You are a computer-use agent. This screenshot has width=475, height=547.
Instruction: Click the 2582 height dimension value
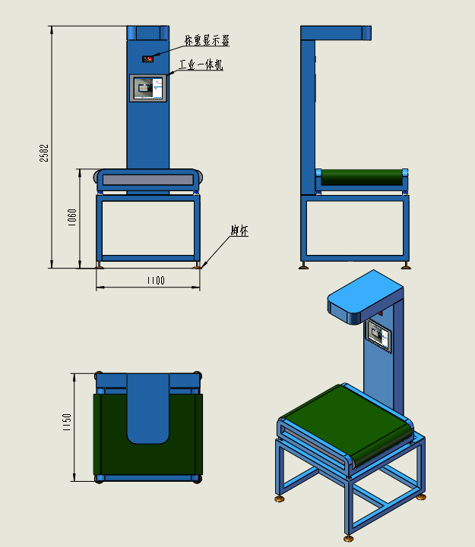pos(44,153)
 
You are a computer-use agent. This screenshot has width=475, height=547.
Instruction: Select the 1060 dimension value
pos(72,217)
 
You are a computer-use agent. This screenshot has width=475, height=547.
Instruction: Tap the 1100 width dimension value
pos(156,281)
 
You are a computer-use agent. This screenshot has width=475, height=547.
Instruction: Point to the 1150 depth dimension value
pos(67,422)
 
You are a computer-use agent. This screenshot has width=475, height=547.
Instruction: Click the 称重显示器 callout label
pos(207,40)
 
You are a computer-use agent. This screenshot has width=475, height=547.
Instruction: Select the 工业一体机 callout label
pos(201,64)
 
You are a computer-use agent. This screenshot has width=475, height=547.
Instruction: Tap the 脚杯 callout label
pos(239,231)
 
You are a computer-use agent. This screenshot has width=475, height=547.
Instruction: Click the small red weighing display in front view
pos(148,59)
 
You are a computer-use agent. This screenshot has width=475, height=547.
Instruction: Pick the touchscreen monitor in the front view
pos(148,88)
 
